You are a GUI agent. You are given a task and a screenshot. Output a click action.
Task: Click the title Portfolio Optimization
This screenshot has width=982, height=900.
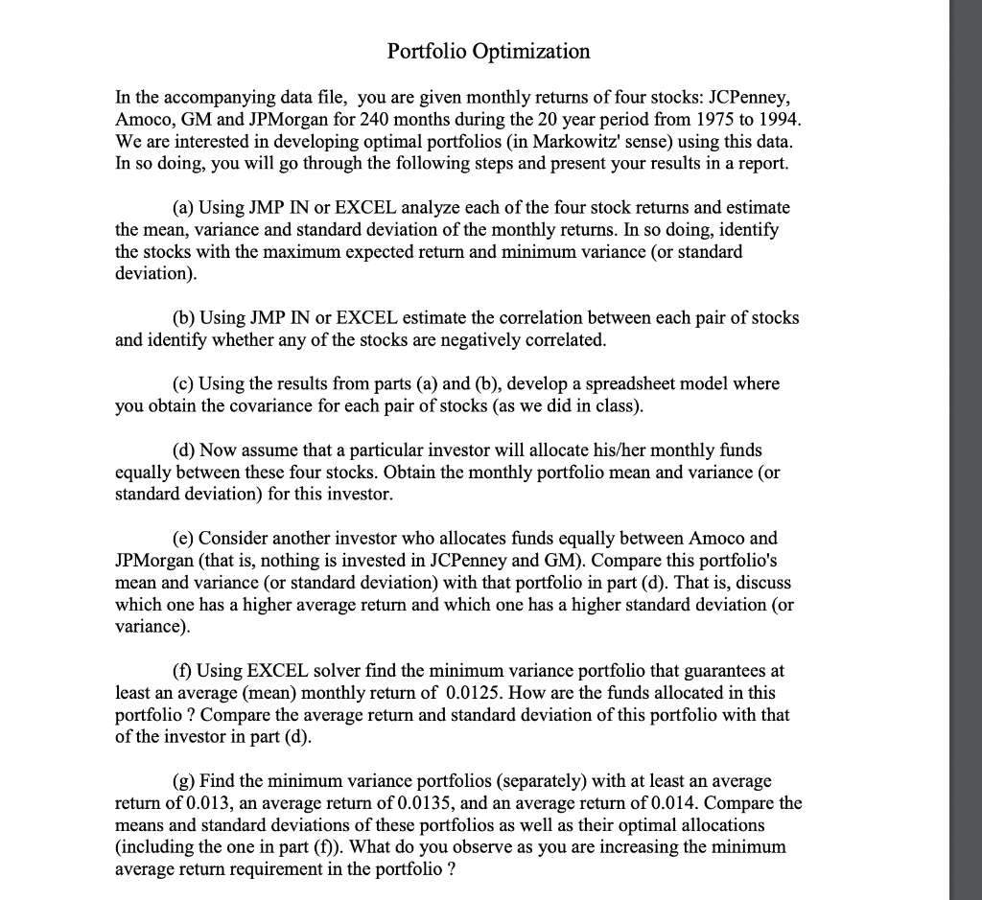point(488,51)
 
